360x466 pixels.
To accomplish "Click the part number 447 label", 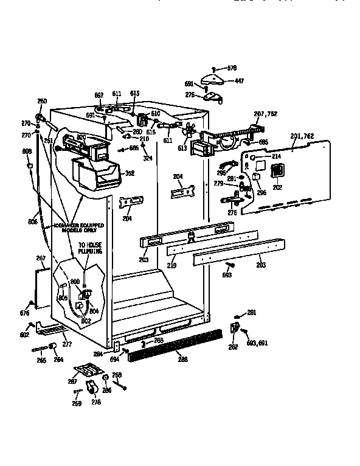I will pos(240,81).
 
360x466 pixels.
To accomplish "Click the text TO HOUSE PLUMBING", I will pos(89,248).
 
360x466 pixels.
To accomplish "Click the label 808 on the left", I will pos(27,151).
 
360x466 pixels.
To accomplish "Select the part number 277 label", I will pos(67,344).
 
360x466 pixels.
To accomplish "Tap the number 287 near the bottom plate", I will pos(72,381).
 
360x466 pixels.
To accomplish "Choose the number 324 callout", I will pos(147,159).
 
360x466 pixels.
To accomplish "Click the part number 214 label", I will pos(276,156).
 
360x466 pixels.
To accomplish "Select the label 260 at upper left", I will pos(42,101).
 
